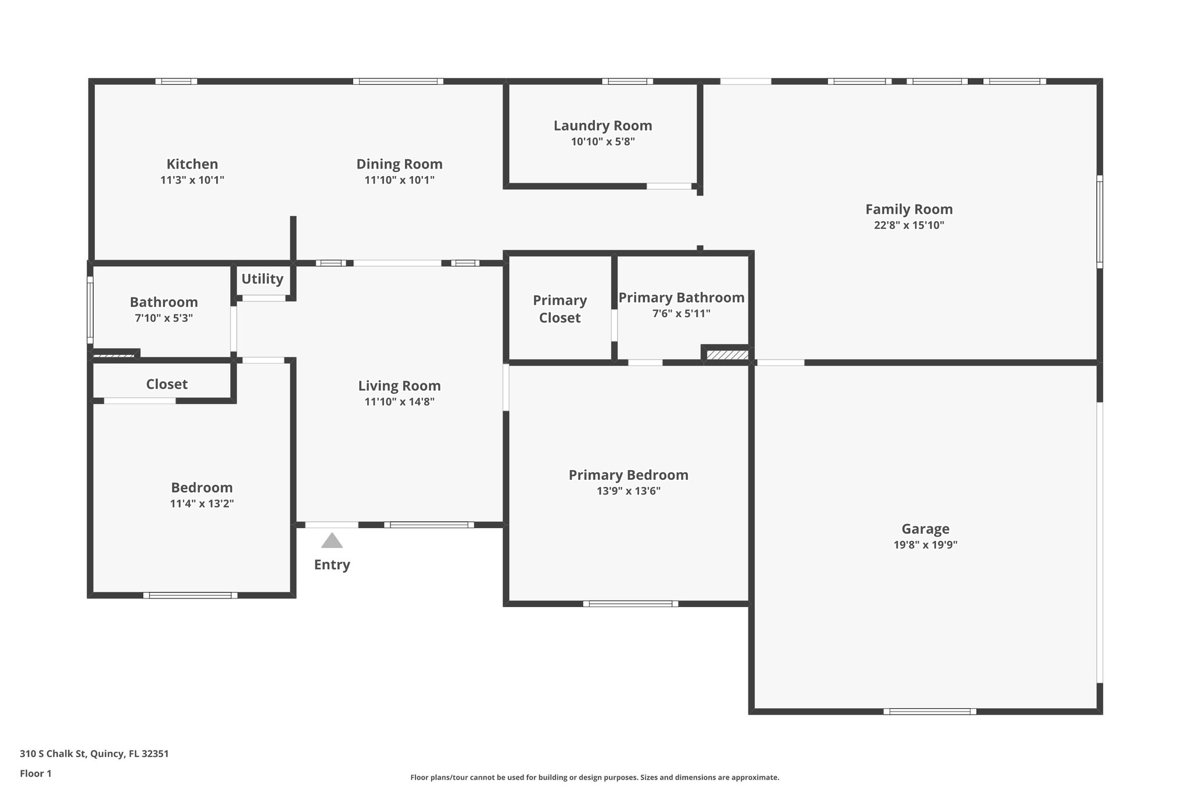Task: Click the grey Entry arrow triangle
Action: tap(332, 541)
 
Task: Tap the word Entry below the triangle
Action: tap(332, 565)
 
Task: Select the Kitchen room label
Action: tap(192, 164)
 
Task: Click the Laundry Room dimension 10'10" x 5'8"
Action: tap(603, 142)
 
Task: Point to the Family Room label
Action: tap(909, 209)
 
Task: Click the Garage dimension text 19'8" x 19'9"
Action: tap(925, 545)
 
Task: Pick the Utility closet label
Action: tap(262, 279)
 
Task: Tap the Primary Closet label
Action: tap(560, 309)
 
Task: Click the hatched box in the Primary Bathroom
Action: tap(727, 354)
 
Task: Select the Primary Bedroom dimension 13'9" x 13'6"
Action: tap(628, 491)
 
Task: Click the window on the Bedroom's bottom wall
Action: tap(190, 595)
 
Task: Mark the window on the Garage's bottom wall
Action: tap(930, 711)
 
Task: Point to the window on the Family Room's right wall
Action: tap(1099, 222)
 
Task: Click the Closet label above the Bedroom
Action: tap(167, 384)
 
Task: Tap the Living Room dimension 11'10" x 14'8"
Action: tap(399, 401)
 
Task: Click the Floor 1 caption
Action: tap(35, 773)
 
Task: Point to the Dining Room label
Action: tap(399, 164)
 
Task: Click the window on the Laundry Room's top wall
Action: tap(627, 81)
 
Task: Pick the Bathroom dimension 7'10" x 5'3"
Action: tap(163, 318)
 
